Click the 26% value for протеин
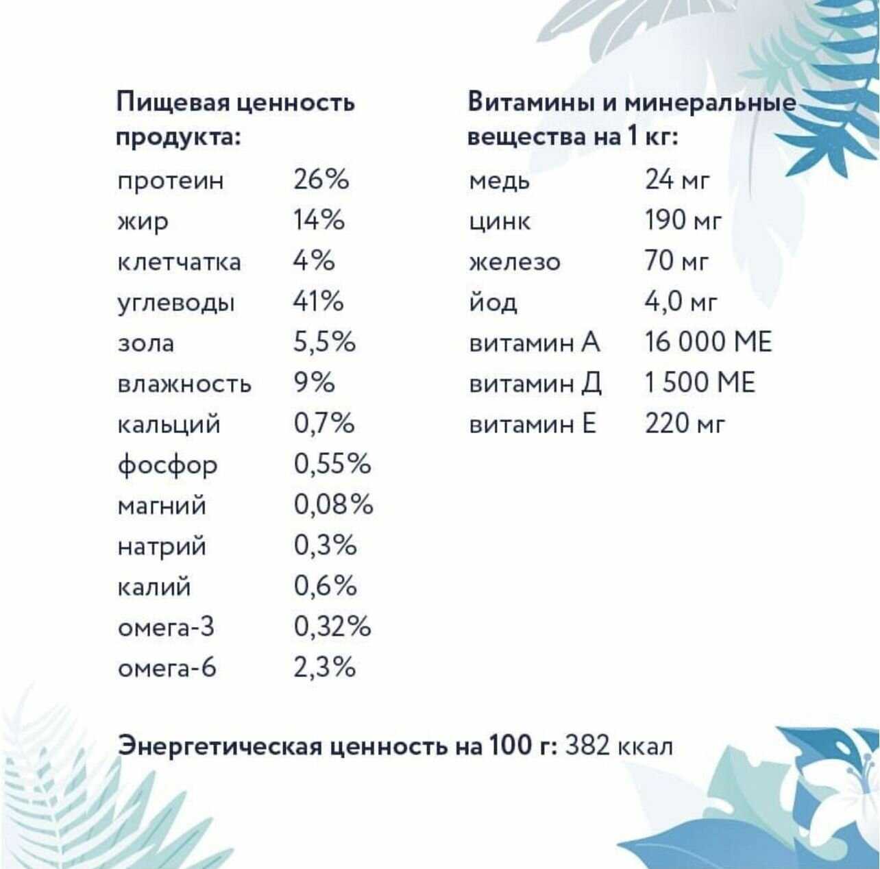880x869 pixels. pos(321,180)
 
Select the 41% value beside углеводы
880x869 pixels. pos(318,302)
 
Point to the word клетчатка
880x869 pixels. pos(179,262)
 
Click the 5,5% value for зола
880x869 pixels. pos(324,342)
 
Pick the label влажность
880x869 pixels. pos(184,384)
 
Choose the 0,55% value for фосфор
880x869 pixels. pos(332,465)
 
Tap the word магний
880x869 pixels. pos(162,506)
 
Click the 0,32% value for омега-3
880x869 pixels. pos(332,627)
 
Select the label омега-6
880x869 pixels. pos(167,668)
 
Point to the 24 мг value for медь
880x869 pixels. pos(677,180)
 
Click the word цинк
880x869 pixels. pos(500,221)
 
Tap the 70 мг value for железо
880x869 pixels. pos(676,262)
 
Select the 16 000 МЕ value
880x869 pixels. pos(708,342)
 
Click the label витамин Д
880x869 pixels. pos(535,384)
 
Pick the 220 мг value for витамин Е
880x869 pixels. pos(684,424)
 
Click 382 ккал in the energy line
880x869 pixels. pos(618,746)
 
